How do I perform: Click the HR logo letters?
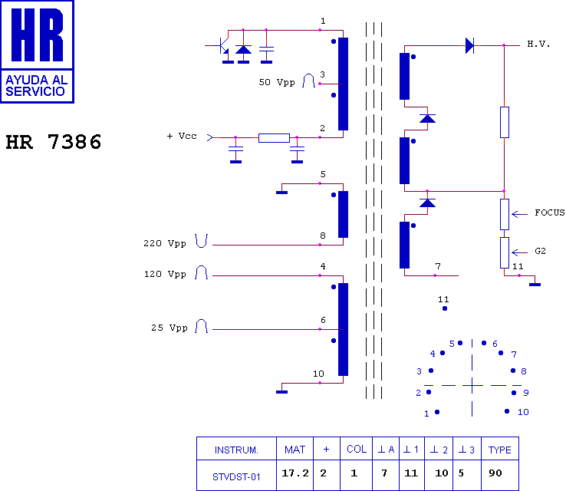[x=37, y=35]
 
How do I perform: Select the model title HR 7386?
[x=54, y=141]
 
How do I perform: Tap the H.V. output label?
[x=538, y=44]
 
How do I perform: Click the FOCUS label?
[x=549, y=213]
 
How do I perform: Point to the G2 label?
[x=540, y=251]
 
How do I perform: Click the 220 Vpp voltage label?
[x=165, y=244]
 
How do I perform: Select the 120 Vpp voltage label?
[x=165, y=275]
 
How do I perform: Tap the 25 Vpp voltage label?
[x=169, y=328]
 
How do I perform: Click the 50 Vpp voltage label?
[x=277, y=82]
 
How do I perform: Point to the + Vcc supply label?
[x=182, y=136]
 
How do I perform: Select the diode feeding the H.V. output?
[x=469, y=45]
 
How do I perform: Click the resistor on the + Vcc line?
[x=274, y=138]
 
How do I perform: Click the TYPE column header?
[x=499, y=450]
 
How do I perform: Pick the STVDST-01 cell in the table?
[x=236, y=477]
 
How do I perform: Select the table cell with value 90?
[x=500, y=475]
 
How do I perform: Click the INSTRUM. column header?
[x=236, y=450]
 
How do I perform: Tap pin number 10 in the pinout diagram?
[x=523, y=412]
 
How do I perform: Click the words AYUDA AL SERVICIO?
[x=36, y=86]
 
